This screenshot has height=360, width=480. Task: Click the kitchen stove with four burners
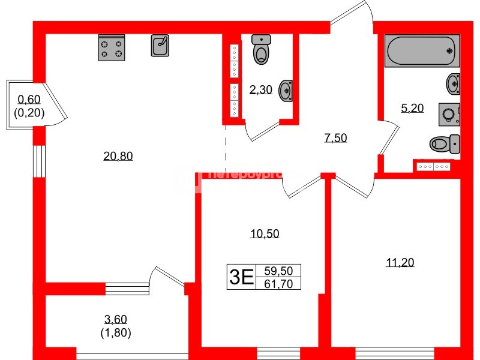(x=111, y=48)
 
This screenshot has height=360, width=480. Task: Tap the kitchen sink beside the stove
(x=160, y=45)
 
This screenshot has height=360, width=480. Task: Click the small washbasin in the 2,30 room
(x=286, y=91)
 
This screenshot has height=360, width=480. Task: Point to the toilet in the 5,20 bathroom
(x=445, y=143)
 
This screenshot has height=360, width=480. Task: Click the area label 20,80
(x=118, y=157)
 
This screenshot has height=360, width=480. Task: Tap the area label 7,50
(x=335, y=138)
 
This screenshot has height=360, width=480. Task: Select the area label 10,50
(x=265, y=234)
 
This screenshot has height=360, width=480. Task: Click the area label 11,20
(x=400, y=262)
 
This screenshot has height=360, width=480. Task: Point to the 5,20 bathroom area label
(x=412, y=109)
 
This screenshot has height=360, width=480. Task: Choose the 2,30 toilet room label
(x=260, y=90)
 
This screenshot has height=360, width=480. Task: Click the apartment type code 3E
(x=241, y=277)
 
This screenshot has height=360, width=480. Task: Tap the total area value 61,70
(x=278, y=284)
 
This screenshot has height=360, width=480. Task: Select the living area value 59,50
(x=278, y=271)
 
